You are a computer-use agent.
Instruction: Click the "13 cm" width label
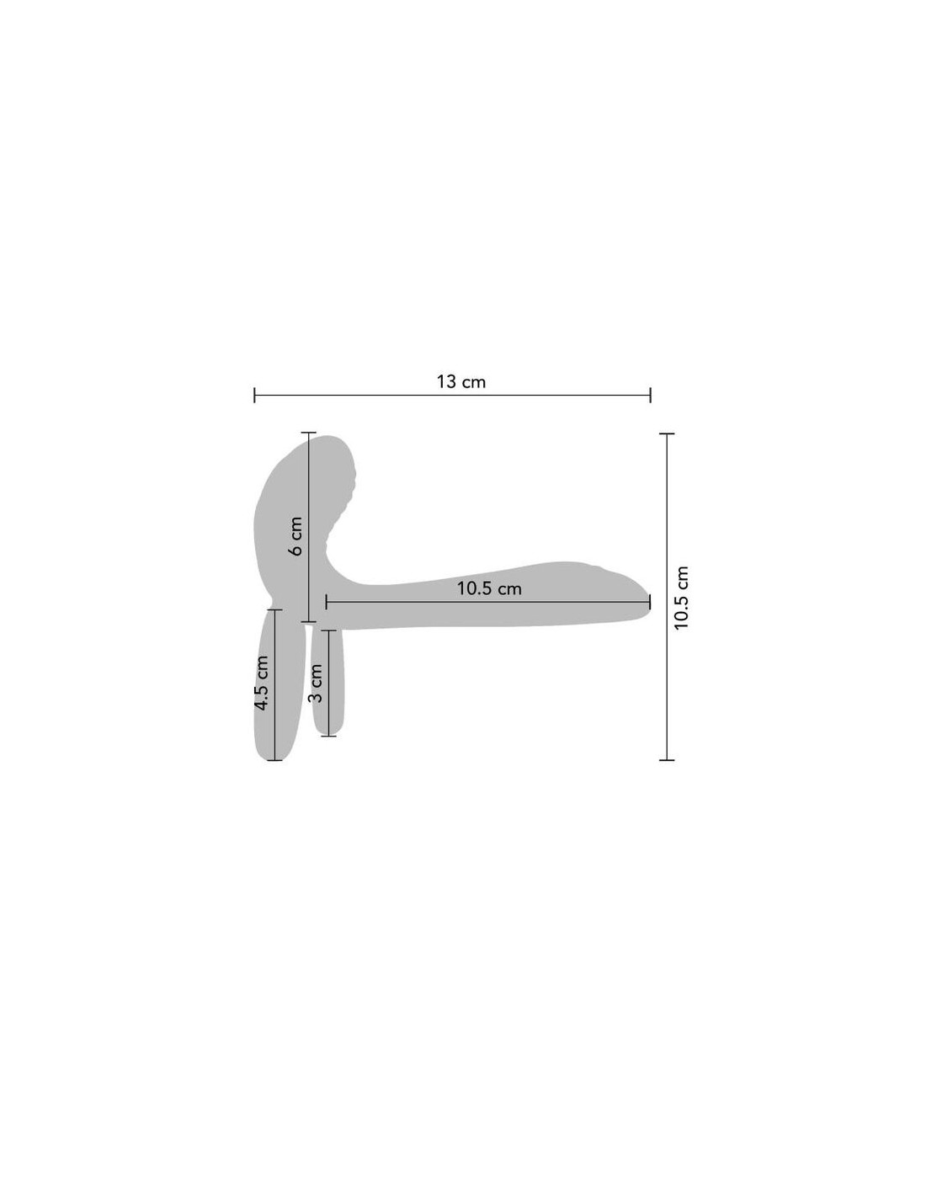(x=461, y=381)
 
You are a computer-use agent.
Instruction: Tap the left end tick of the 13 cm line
(x=254, y=395)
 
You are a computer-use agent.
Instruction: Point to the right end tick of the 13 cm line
(x=651, y=395)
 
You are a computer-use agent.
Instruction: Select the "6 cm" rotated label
(x=296, y=535)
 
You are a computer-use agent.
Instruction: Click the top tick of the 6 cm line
(x=308, y=433)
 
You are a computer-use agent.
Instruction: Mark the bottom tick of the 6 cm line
(x=308, y=622)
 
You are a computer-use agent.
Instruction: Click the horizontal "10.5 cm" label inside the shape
(x=488, y=588)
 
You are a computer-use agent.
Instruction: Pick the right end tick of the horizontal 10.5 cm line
(x=650, y=602)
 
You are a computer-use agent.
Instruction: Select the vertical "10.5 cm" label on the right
(x=681, y=597)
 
